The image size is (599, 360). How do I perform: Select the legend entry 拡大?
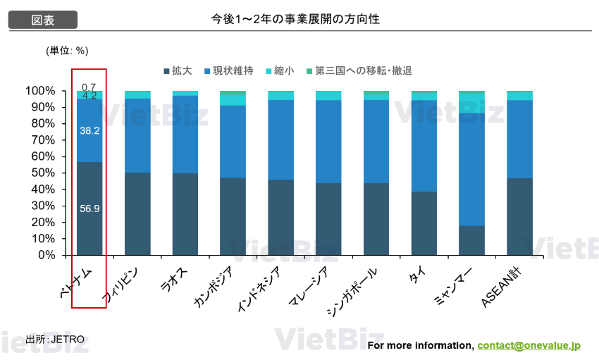[x=178, y=71]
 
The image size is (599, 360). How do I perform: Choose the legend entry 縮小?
[x=278, y=71]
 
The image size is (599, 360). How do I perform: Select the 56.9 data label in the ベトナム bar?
[x=89, y=209]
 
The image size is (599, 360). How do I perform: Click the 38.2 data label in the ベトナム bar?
[x=89, y=131]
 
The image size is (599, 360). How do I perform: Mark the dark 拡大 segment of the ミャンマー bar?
[x=471, y=240]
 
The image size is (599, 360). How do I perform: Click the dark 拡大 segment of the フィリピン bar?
[x=137, y=213]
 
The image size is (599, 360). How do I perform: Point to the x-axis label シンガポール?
[x=352, y=291]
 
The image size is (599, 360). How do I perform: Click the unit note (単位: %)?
[x=67, y=50]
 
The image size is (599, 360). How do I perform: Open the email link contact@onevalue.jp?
[x=529, y=345]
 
